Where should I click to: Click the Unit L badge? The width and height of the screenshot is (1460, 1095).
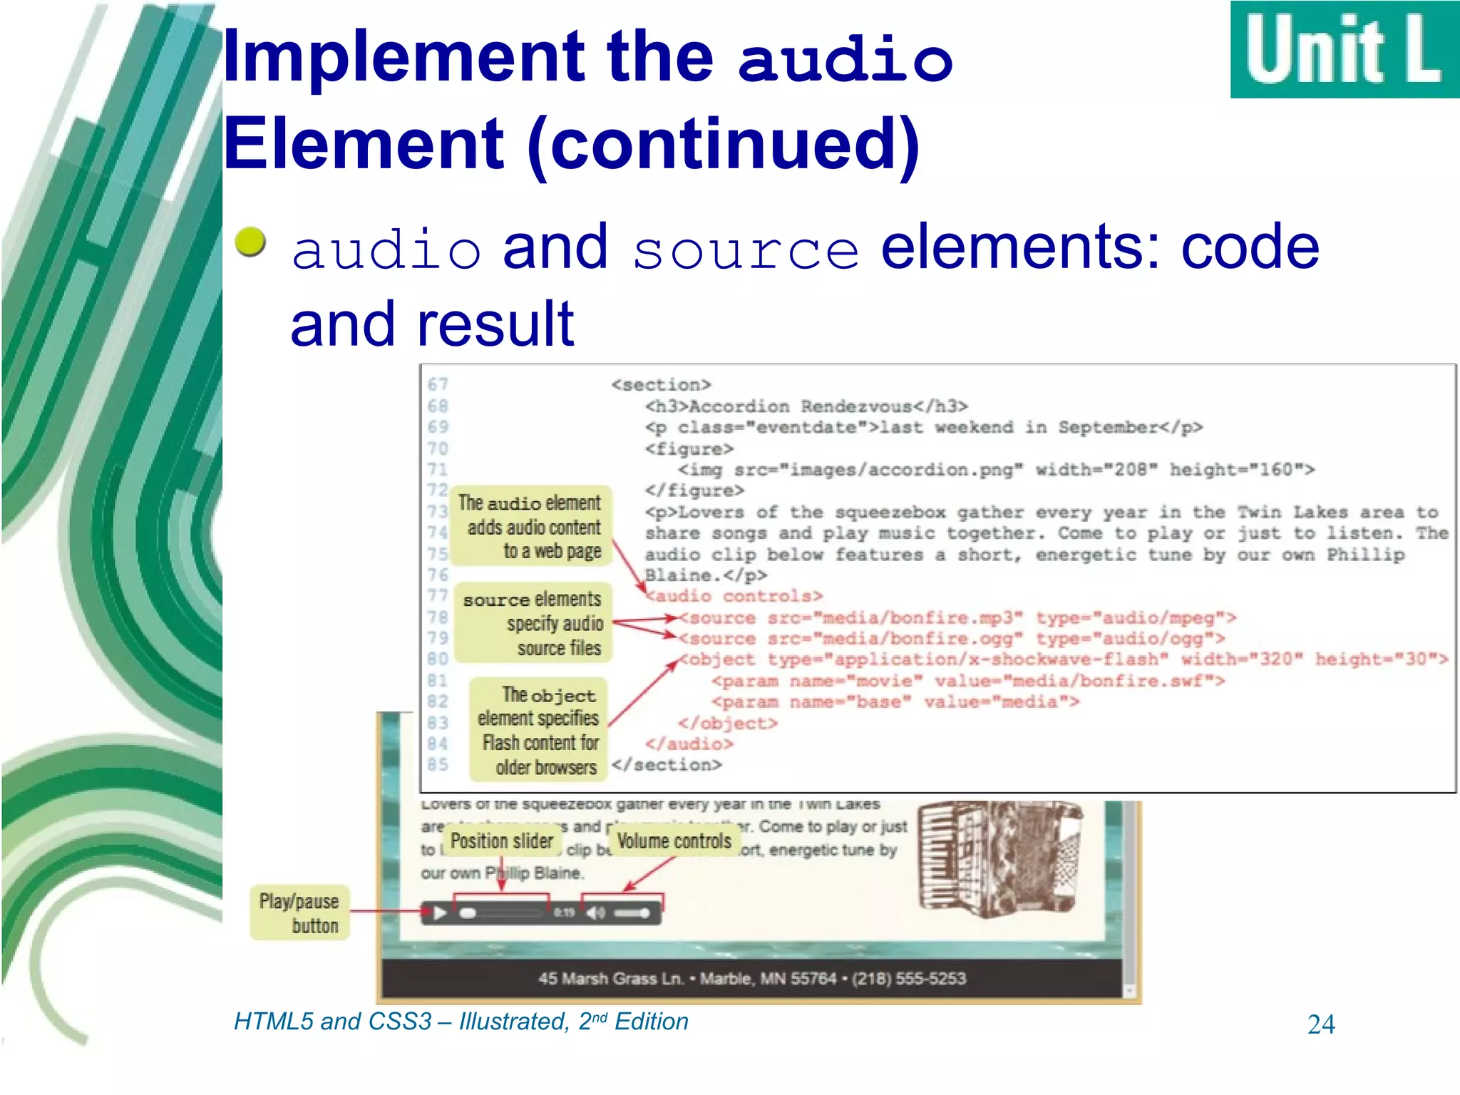coord(1344,50)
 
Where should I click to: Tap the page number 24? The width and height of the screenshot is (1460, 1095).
coord(1321,1024)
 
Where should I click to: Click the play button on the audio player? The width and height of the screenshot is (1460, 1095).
coord(440,913)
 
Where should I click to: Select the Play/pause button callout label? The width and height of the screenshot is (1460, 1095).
coord(299,913)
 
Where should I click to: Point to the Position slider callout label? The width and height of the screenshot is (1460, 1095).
coord(502,841)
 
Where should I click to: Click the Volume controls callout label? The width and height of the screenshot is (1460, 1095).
coord(674,841)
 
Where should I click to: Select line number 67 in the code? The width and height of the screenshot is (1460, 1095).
coord(438,385)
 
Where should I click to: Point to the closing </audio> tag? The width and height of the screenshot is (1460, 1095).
coord(689,744)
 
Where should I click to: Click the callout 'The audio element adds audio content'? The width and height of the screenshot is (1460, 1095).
coord(532,527)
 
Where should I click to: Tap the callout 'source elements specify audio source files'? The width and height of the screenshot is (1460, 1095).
coord(533,624)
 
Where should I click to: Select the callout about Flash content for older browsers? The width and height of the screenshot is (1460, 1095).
coord(539,731)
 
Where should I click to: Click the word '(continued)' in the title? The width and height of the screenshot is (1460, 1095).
coord(724,144)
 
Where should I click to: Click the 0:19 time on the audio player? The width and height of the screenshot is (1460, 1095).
coord(564,912)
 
